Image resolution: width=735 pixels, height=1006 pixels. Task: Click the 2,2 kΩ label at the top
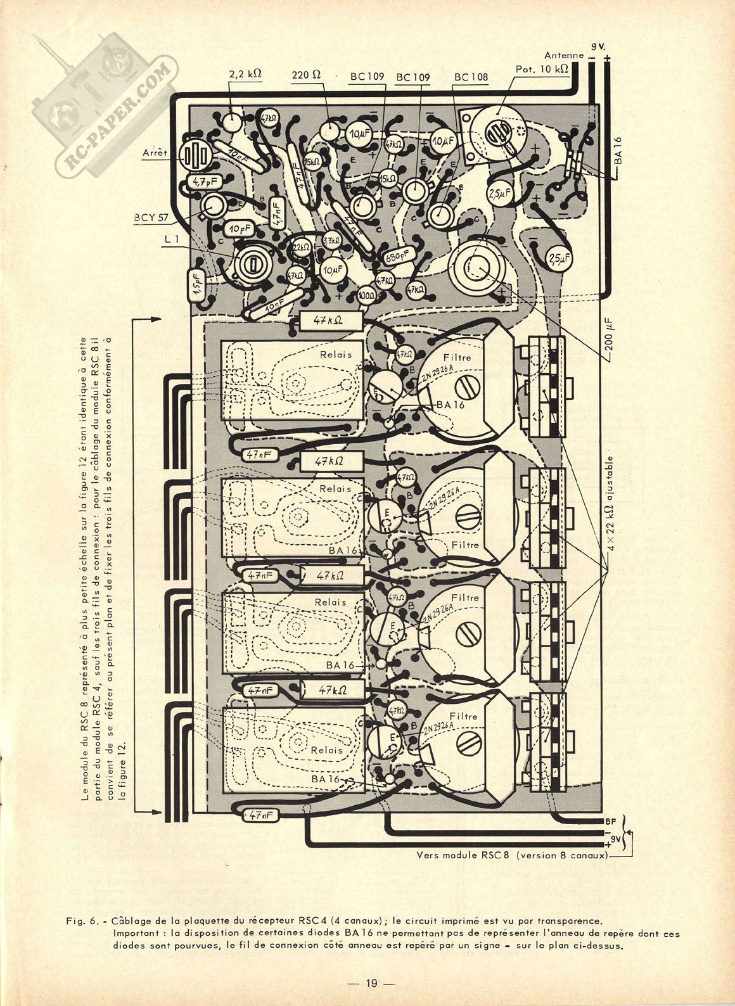246,73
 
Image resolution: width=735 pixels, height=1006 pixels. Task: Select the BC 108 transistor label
471,77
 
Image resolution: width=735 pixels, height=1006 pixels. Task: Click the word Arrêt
155,153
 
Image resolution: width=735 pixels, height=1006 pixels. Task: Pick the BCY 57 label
151,217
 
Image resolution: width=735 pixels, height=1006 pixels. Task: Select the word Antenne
563,55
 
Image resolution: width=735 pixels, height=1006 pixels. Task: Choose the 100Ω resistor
366,295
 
